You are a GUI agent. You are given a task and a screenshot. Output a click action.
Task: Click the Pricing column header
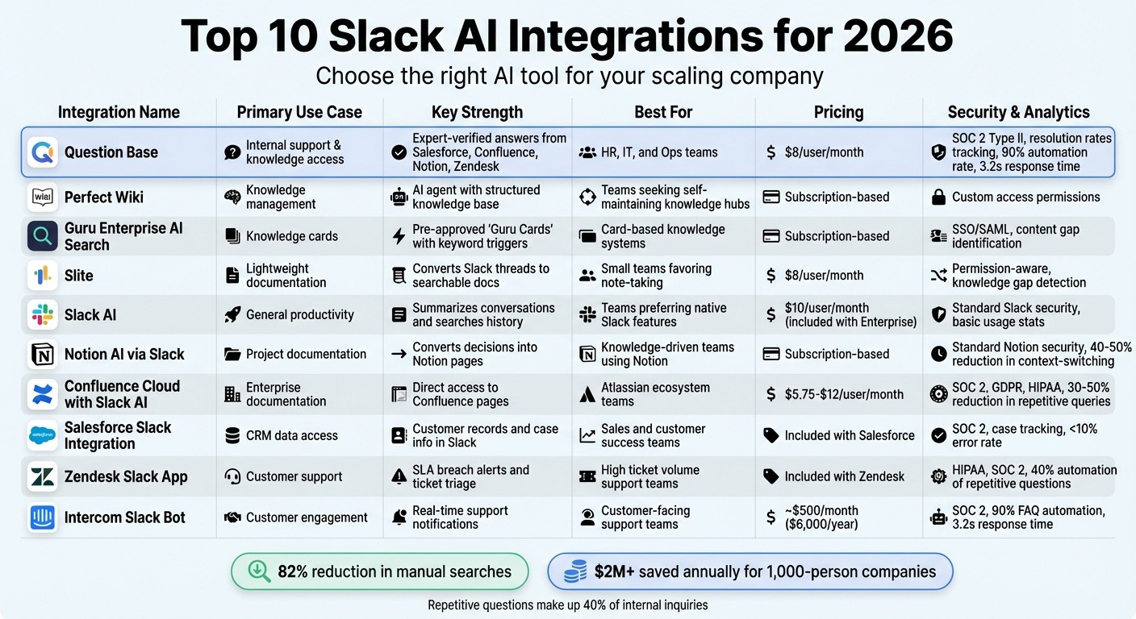(x=838, y=112)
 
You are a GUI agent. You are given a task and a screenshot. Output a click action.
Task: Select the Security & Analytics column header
(x=1018, y=112)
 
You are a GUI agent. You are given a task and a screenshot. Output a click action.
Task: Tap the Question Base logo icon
(x=42, y=152)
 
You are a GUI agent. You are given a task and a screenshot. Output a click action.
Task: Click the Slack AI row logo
(x=42, y=315)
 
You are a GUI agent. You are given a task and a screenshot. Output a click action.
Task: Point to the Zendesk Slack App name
(x=126, y=476)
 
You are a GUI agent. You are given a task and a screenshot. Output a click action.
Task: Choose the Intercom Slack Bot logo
(x=42, y=517)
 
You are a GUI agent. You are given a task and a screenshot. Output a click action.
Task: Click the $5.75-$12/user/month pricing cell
(x=844, y=394)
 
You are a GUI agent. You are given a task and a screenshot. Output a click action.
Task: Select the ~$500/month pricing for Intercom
(x=821, y=517)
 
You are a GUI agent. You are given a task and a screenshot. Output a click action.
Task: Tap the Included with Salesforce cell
(x=850, y=435)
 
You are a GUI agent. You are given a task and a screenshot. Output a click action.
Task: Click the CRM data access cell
(x=291, y=435)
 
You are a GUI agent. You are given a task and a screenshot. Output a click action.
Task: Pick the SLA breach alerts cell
(x=470, y=476)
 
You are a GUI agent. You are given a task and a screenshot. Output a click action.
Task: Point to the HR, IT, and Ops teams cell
(x=659, y=152)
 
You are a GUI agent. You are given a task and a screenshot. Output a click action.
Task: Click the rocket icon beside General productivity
(x=232, y=315)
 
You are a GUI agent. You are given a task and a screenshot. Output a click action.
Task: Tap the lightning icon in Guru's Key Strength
(x=399, y=236)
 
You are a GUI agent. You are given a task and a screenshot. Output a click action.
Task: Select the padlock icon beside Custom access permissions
(x=938, y=197)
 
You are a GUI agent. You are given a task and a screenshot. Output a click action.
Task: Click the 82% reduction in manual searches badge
(x=380, y=572)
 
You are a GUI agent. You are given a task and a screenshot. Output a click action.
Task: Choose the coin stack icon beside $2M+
(x=575, y=572)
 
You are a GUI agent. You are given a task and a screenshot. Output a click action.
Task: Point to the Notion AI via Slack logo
(x=42, y=354)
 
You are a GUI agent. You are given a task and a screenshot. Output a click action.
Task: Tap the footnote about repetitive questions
(x=567, y=604)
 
